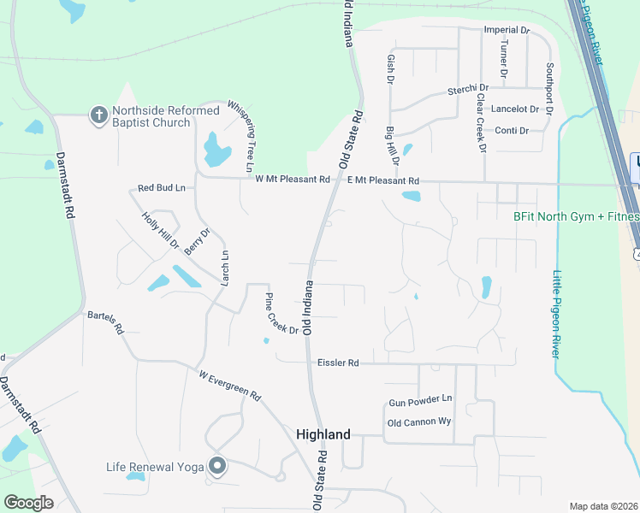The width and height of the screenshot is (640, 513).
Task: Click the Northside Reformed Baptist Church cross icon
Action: (x=98, y=114)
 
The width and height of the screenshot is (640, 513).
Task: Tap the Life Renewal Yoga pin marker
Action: (x=217, y=466)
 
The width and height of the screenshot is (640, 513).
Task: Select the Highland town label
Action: (x=323, y=434)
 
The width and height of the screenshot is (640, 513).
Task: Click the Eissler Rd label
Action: (x=338, y=363)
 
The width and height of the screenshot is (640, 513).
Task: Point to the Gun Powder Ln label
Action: (x=420, y=400)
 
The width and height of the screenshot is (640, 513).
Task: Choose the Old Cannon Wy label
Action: (x=419, y=422)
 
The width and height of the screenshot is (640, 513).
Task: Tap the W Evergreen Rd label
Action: (x=229, y=386)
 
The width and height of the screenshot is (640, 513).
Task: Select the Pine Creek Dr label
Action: (x=281, y=314)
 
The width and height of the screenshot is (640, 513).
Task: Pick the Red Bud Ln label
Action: (x=161, y=187)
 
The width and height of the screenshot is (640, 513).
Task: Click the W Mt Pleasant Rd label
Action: (x=292, y=180)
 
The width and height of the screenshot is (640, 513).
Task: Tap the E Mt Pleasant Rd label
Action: (x=383, y=180)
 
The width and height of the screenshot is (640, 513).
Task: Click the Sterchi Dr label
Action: (x=467, y=88)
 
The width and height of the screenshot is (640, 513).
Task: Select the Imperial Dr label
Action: (x=507, y=30)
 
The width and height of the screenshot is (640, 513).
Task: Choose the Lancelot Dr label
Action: (x=515, y=109)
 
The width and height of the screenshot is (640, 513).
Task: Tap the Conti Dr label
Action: (x=513, y=131)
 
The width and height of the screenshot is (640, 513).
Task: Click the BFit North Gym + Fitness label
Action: (x=576, y=217)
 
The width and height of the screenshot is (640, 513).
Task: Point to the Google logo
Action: (x=28, y=503)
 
